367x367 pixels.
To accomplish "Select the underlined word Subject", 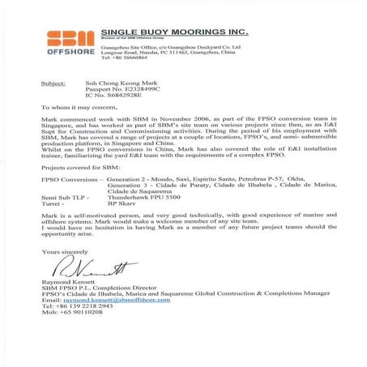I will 53,83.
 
